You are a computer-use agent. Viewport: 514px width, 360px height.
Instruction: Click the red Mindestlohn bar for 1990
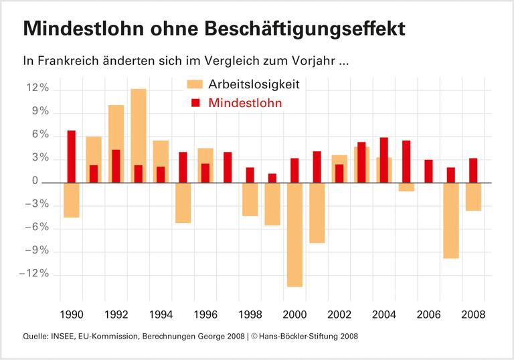click(x=71, y=156)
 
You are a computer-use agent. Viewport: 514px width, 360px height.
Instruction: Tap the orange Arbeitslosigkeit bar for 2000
click(x=294, y=234)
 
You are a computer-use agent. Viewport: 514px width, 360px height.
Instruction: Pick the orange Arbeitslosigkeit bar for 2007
click(x=451, y=220)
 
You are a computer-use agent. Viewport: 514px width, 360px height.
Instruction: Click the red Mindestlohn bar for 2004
click(x=384, y=160)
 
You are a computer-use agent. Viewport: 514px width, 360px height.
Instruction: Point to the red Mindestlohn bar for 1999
click(x=272, y=178)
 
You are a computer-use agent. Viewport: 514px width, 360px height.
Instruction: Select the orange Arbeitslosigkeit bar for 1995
click(x=183, y=203)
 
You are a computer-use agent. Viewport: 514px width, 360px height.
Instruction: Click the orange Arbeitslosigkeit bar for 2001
click(x=317, y=213)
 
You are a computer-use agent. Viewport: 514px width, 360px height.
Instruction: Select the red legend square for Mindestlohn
click(x=195, y=103)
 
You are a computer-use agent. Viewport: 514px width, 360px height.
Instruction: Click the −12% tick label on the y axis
click(x=35, y=274)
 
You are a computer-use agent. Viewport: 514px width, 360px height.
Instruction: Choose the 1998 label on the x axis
click(x=250, y=314)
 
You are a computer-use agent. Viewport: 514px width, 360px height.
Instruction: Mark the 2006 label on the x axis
click(x=428, y=314)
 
